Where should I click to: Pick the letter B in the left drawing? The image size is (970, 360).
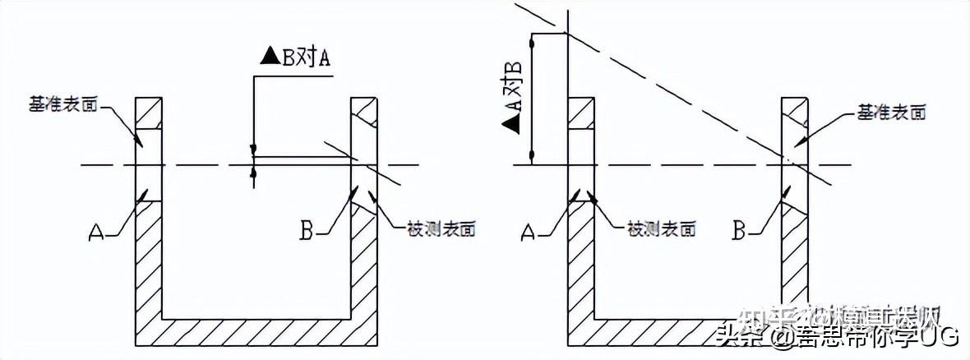point(307,231)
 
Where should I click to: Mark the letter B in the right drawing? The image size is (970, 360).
point(740,233)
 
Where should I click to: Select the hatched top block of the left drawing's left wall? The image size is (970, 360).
point(150,111)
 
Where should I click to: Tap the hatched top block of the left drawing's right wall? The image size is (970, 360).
point(363,111)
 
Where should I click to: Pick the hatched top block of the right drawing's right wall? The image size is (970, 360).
point(795,111)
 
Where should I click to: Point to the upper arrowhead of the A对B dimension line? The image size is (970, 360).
point(533,39)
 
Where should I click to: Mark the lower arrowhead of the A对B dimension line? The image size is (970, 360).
point(533,156)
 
